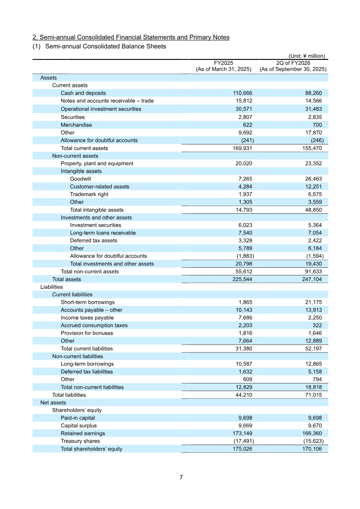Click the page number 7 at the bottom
coord(181,477)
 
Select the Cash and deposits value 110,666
coord(243,93)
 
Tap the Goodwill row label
coord(80,179)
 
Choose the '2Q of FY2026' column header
coord(293,63)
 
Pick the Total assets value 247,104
coord(310,279)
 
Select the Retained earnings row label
coord(83,433)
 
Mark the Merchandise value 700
coord(317,125)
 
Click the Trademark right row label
coord(89,194)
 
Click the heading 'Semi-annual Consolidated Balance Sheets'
coord(106,46)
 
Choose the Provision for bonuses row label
coord(87,333)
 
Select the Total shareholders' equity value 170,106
coord(310,449)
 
